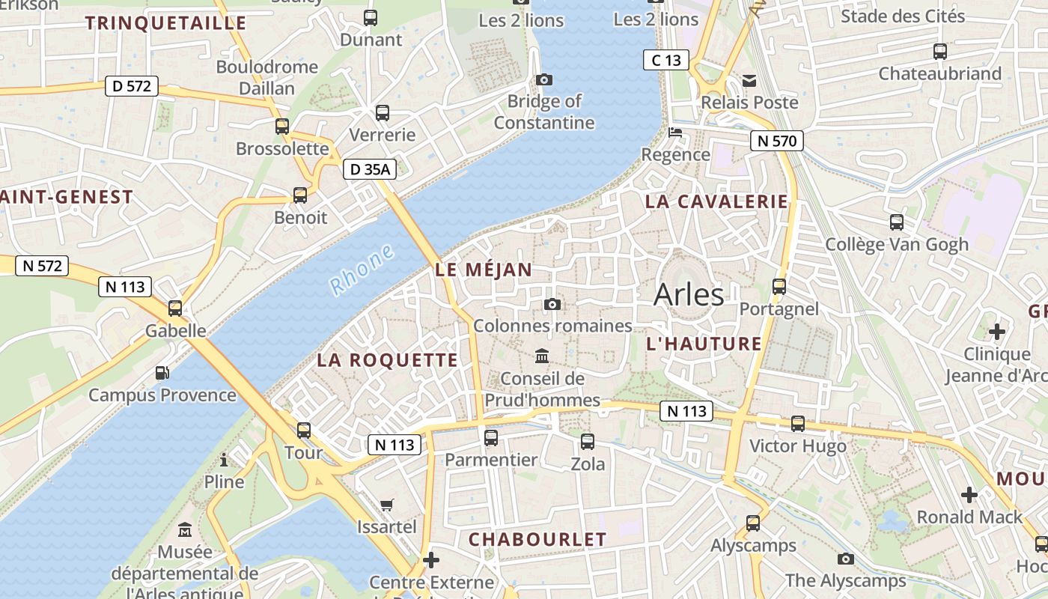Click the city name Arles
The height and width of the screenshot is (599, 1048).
[689, 295]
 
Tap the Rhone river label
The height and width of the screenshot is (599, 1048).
[362, 269]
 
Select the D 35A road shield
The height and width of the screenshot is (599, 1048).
[370, 169]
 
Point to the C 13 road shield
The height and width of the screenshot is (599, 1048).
[665, 60]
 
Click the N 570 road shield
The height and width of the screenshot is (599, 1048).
[777, 141]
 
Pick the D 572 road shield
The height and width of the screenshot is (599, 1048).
[132, 86]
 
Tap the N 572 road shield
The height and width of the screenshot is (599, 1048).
[42, 265]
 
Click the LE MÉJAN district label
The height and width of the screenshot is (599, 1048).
[484, 270]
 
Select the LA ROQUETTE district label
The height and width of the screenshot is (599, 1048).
[387, 360]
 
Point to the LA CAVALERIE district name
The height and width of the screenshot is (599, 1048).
[716, 201]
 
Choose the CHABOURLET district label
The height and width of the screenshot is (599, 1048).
[537, 539]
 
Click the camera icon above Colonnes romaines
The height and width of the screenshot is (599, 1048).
[552, 304]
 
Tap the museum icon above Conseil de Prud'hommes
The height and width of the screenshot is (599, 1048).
[542, 356]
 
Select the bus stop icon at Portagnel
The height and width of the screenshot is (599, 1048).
[779, 287]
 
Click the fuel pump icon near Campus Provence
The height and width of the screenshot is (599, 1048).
[162, 372]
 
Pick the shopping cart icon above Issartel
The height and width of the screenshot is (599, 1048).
[386, 505]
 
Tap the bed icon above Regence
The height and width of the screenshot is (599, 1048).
[675, 133]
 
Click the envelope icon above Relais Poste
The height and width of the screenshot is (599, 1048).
[749, 80]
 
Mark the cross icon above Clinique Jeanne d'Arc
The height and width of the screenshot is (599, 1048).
[996, 331]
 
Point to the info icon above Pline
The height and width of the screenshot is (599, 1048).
[224, 460]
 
